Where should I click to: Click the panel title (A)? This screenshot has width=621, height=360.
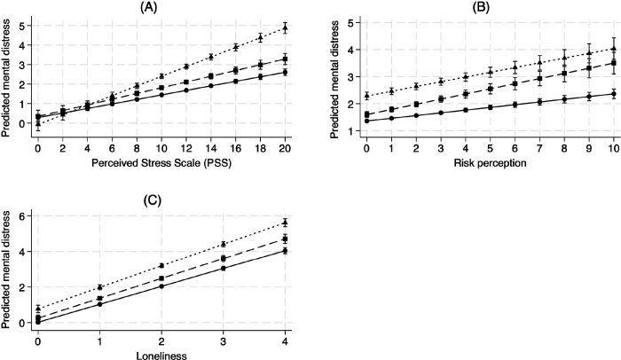pos(161,7)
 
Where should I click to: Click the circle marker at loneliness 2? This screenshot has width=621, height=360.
pos(161,286)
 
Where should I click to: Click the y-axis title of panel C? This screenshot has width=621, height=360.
pos(8,279)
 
